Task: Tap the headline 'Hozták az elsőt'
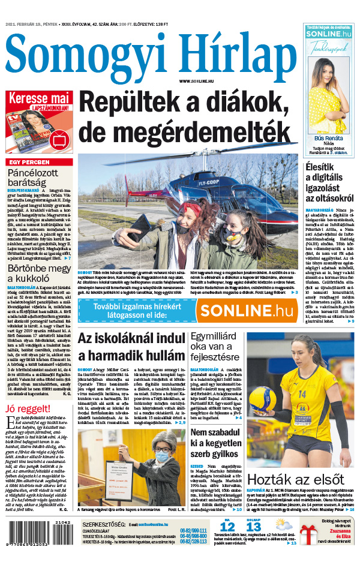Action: [x=286, y=480]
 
